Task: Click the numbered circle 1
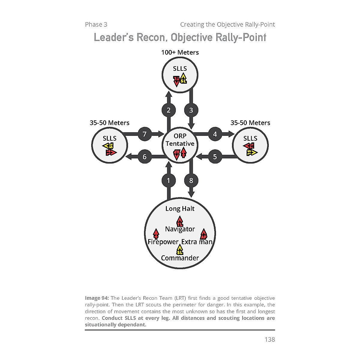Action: (x=169, y=181)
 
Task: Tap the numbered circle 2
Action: (x=169, y=110)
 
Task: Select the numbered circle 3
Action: (x=191, y=110)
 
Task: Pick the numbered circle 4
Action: (x=215, y=134)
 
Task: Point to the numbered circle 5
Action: (x=215, y=157)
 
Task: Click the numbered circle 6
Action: (x=145, y=157)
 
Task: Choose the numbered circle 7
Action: (x=145, y=134)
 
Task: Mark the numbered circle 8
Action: (x=191, y=181)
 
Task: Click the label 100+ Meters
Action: (x=180, y=52)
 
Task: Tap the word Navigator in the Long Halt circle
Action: (x=180, y=229)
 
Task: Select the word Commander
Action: (x=180, y=258)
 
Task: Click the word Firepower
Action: (x=163, y=242)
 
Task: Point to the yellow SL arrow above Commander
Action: (x=180, y=250)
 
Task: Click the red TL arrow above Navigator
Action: (x=180, y=222)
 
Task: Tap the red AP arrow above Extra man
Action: (x=204, y=234)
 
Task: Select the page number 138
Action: (x=270, y=339)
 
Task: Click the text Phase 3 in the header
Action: (x=96, y=25)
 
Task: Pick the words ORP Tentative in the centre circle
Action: (x=180, y=140)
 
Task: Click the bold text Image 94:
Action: (x=97, y=298)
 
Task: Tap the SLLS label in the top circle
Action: (x=180, y=69)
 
